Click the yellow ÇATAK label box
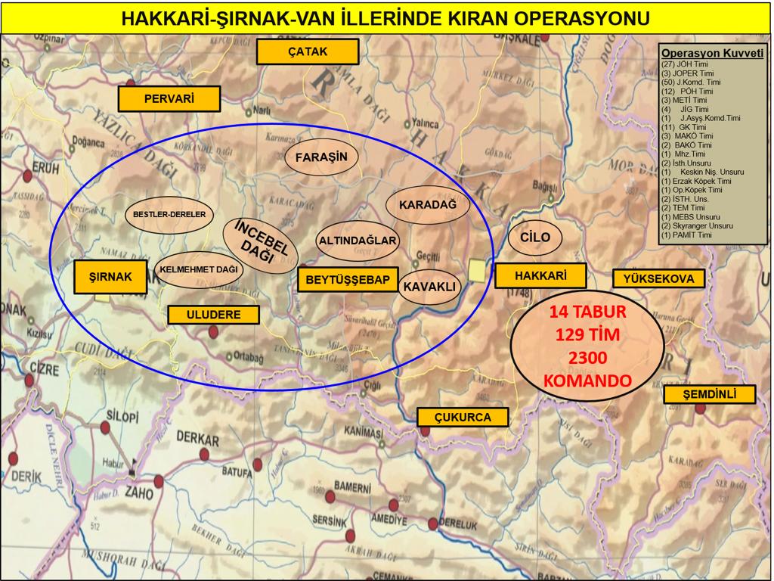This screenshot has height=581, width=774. click(x=307, y=52)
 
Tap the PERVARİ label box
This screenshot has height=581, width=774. click(x=169, y=98)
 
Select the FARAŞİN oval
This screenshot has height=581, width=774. click(x=320, y=157)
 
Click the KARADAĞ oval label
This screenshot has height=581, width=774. click(x=428, y=205)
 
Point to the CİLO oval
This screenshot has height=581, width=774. click(x=535, y=238)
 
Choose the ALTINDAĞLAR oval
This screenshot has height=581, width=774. click(x=358, y=241)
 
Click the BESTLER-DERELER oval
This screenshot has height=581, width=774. click(x=169, y=215)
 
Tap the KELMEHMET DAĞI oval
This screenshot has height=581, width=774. click(x=199, y=269)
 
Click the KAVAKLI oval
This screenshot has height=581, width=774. click(x=429, y=287)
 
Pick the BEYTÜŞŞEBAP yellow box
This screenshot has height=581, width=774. click(x=348, y=280)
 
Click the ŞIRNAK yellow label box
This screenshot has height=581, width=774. click(x=110, y=278)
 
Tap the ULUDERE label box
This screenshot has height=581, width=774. click(x=212, y=315)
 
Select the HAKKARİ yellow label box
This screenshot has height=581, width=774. click(x=540, y=276)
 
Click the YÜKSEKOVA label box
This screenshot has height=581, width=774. click(x=658, y=278)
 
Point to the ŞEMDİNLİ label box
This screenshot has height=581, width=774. click(x=709, y=395)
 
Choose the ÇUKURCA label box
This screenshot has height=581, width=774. click(x=463, y=417)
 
